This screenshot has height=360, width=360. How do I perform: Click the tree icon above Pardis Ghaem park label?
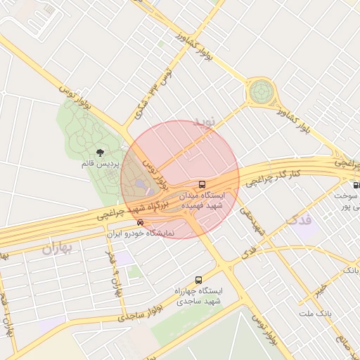tap(99, 152)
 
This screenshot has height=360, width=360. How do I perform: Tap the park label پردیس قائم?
tap(99, 164)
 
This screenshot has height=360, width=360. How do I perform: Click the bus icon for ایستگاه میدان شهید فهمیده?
tap(202, 184)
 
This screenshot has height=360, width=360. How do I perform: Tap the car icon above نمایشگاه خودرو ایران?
tap(141, 223)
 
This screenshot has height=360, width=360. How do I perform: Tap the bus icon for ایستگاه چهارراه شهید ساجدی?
tap(198, 280)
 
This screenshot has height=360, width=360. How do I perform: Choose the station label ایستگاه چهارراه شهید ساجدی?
tap(200, 296)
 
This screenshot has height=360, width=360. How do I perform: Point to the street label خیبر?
tap(320, 288)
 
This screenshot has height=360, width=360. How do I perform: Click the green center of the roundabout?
tap(260, 91)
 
